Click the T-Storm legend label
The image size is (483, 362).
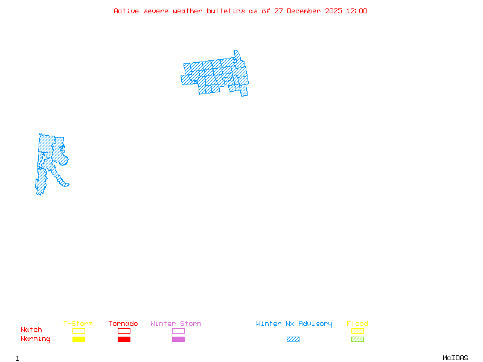[x=78, y=323]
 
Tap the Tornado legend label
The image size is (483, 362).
[x=123, y=323]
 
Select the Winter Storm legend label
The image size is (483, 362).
[x=176, y=323]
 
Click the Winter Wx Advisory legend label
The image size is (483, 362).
[x=294, y=323]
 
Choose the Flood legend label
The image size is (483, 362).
[x=357, y=323]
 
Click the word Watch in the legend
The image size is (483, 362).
[x=31, y=330]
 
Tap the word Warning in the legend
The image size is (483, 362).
[x=36, y=339]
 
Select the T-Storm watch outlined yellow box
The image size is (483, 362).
[x=78, y=331]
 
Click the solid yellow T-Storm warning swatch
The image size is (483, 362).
[x=78, y=339]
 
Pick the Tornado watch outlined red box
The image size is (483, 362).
[x=124, y=331]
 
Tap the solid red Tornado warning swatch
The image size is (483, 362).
[x=124, y=339]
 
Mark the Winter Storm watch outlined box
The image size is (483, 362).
[x=178, y=331]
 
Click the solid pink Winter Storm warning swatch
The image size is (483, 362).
[x=178, y=339]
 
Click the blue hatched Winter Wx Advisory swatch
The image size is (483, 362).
[x=293, y=339]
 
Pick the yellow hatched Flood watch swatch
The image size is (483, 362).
[x=357, y=331]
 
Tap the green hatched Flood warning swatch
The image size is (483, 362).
[x=357, y=339]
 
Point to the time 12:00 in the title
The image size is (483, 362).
[x=356, y=11]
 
